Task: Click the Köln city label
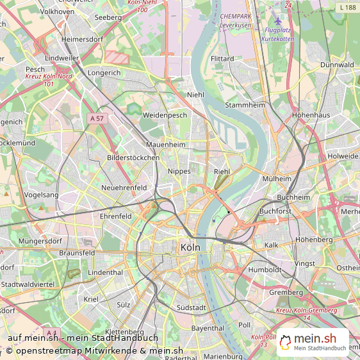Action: click(190, 247)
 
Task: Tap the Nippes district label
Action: click(179, 172)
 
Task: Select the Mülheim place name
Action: click(276, 179)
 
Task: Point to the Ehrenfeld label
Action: click(116, 217)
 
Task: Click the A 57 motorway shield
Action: click(97, 118)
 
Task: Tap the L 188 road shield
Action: click(348, 7)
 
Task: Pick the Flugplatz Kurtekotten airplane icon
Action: click(277, 21)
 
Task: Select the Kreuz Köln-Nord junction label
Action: click(49, 79)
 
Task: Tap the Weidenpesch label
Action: click(165, 115)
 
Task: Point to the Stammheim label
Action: click(244, 105)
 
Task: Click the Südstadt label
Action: click(191, 308)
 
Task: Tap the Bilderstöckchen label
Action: click(133, 158)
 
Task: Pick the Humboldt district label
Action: click(265, 270)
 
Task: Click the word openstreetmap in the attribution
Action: click(52, 350)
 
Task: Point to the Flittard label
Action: click(222, 59)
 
